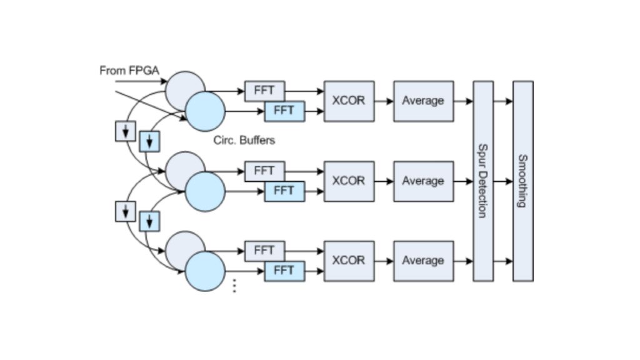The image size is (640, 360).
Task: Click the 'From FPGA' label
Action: coord(129,71)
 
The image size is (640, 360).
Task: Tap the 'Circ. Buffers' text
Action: coord(244,141)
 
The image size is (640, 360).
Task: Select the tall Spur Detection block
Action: coord(482,181)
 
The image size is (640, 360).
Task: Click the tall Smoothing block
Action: coord(522,181)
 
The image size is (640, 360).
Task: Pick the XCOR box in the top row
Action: coord(349,101)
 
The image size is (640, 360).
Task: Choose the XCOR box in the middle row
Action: coord(349,181)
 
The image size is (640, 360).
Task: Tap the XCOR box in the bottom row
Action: coord(349,261)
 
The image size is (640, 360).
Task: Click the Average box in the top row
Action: coord(423,101)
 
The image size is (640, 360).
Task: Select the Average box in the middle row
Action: coord(423,181)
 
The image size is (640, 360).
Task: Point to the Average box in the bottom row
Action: coord(423,261)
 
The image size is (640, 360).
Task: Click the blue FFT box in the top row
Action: coord(284,111)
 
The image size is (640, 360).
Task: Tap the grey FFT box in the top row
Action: coord(264,91)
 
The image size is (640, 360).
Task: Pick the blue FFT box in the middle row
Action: coord(284,191)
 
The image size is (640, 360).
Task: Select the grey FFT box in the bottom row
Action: coord(264,251)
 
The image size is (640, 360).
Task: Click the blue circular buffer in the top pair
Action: coord(205,111)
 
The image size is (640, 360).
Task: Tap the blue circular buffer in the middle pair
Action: coord(205,191)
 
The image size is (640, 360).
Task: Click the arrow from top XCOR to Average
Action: coord(383,101)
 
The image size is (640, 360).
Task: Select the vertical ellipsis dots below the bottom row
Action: coord(234,286)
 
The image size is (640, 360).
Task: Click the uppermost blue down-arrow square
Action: coord(149,141)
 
